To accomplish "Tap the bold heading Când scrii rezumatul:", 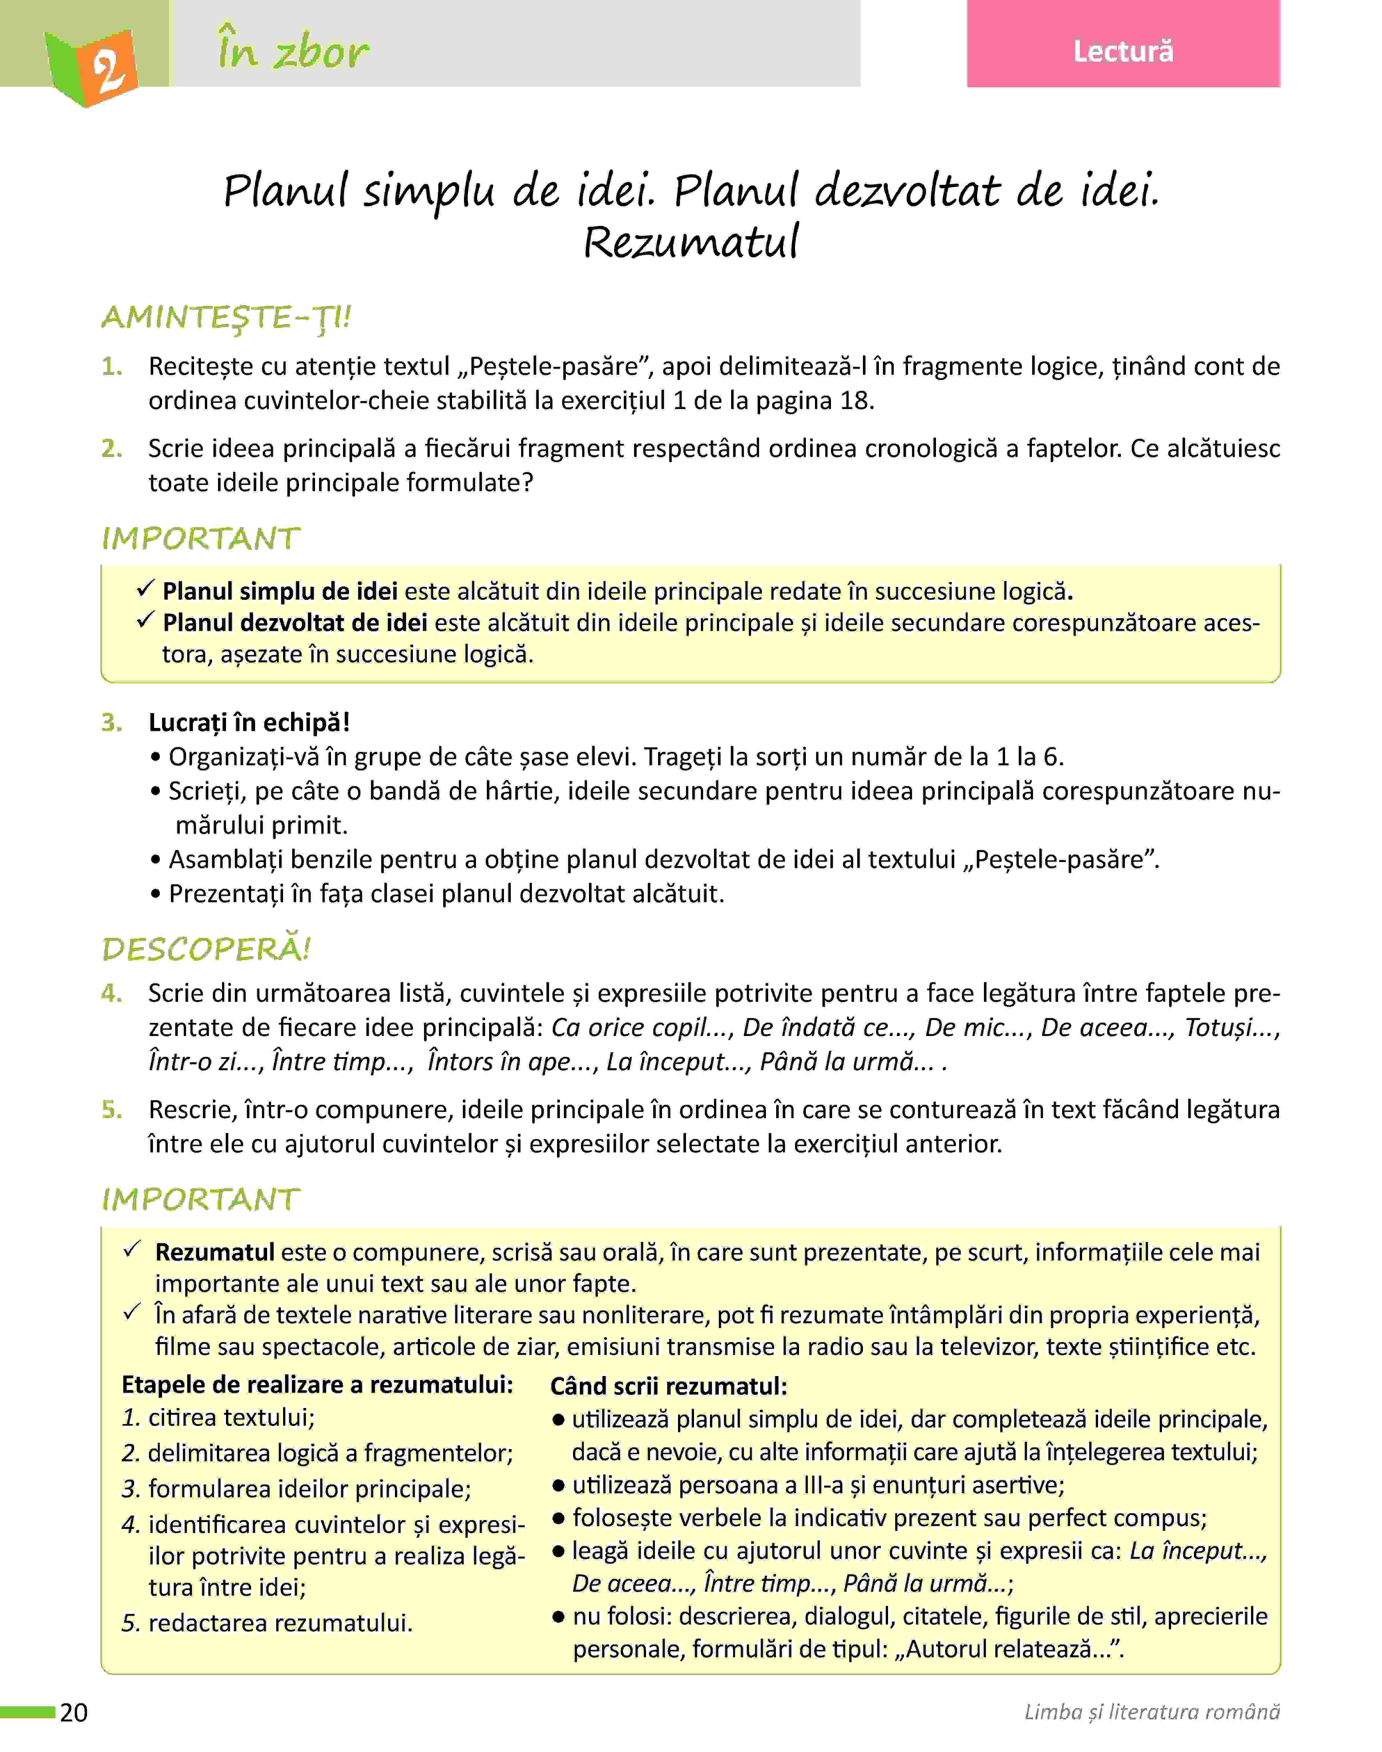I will tap(668, 1385).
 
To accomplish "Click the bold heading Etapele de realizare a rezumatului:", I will tap(317, 1384).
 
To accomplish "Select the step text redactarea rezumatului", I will tap(280, 1622).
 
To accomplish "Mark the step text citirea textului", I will tap(231, 1417).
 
